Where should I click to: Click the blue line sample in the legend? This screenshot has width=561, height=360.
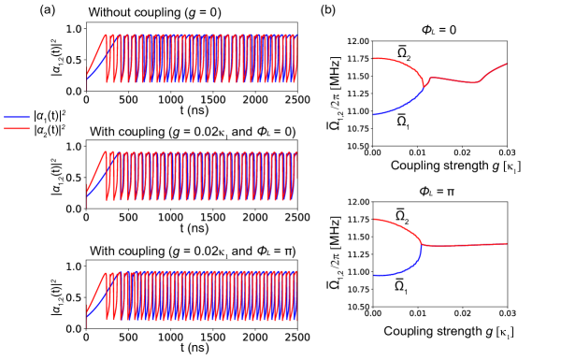pyautogui.click(x=17, y=117)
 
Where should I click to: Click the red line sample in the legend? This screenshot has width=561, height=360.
pyautogui.click(x=17, y=128)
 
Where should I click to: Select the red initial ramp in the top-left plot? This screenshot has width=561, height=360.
pyautogui.click(x=96, y=51)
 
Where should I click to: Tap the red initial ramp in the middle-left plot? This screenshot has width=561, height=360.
pyautogui.click(x=96, y=170)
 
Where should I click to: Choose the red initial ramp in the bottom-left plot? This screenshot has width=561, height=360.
pyautogui.click(x=96, y=291)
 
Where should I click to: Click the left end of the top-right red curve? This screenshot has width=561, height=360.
pyautogui.click(x=374, y=59)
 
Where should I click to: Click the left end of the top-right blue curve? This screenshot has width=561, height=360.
pyautogui.click(x=374, y=114)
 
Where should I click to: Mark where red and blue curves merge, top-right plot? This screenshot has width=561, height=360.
pyautogui.click(x=424, y=86)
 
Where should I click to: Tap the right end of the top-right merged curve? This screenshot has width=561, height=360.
pyautogui.click(x=506, y=65)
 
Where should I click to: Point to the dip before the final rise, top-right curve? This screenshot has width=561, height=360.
pyautogui.click(x=476, y=82)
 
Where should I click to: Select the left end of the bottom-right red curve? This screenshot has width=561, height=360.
pyautogui.click(x=374, y=220)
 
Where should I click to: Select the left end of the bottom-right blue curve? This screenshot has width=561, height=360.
pyautogui.click(x=374, y=275)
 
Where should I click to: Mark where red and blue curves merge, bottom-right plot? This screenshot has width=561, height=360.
pyautogui.click(x=423, y=245)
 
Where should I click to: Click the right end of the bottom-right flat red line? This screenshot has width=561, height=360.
pyautogui.click(x=506, y=244)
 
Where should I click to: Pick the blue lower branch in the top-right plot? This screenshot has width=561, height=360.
pyautogui.click(x=402, y=107)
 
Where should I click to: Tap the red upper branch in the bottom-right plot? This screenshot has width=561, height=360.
pyautogui.click(x=402, y=227)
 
